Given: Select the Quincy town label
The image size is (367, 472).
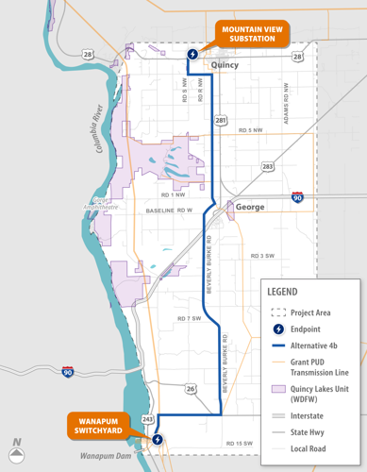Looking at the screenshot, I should click(x=225, y=66).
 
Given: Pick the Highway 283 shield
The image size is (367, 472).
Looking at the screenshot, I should click(x=268, y=166).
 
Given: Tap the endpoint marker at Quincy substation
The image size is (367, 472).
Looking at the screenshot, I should click(x=193, y=54).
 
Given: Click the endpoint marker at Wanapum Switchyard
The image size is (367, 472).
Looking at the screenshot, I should click(x=157, y=438).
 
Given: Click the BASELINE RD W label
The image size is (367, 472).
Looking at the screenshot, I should click(x=170, y=210).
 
